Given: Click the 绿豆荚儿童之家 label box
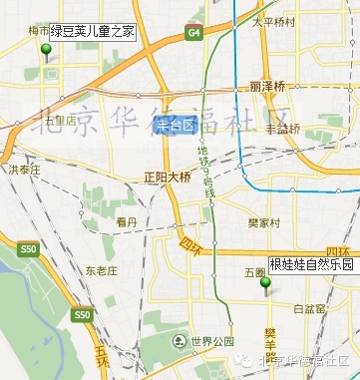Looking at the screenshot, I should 93,32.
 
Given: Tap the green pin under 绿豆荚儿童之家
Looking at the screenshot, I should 46,50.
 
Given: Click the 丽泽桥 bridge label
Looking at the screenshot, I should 269,87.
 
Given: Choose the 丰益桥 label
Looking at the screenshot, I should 282,129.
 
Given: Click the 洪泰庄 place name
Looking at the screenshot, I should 24,171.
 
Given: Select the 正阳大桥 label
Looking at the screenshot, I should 167,177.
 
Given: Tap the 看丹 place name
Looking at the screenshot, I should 126,221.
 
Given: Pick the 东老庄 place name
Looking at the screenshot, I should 101,270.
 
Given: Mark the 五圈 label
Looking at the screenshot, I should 253,271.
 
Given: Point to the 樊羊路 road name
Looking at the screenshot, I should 270,344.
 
